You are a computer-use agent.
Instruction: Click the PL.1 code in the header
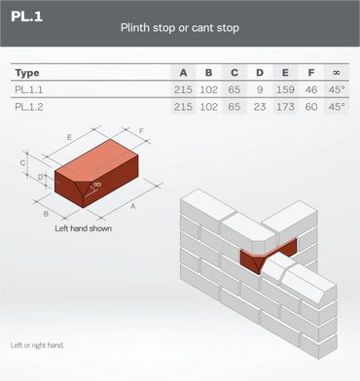26,17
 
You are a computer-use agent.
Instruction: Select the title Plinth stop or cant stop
180,28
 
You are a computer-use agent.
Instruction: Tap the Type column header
27,73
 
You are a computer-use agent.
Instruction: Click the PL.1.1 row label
29,89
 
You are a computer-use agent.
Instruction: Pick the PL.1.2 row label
29,107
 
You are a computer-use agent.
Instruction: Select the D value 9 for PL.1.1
260,89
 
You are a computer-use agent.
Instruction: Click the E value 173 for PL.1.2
285,107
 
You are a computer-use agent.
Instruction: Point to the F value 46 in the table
311,89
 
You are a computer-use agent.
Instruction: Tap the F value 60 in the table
311,107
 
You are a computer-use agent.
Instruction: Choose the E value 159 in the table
285,89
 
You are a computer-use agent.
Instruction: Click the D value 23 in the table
260,107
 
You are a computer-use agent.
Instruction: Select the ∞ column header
337,73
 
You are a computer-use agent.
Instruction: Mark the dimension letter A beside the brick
133,206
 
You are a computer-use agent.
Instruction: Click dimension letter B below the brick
46,214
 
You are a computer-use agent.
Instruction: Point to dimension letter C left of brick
22,162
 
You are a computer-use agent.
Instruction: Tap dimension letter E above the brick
69,137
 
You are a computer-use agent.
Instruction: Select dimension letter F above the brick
141,131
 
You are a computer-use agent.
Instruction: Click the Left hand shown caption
84,228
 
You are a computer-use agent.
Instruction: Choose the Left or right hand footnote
37,345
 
